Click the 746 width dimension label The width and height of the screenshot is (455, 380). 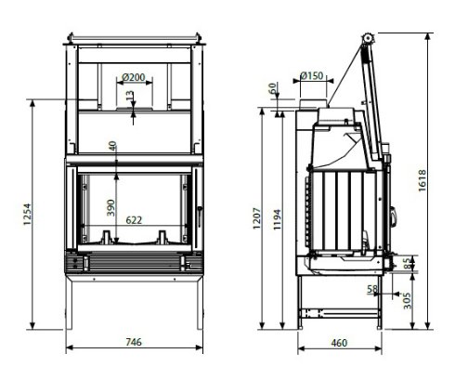coord(134,342)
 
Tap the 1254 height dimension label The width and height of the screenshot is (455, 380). coord(27,214)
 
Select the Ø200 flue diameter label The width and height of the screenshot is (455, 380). coord(134,77)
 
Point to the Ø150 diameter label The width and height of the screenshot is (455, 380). coord(312,75)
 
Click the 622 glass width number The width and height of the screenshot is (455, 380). coord(134,220)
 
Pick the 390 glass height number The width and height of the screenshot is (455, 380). coord(110,208)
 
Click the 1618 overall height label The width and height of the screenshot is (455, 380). coord(422,180)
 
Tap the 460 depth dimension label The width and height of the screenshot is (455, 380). coord(339,343)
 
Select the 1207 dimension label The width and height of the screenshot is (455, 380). coord(257,218)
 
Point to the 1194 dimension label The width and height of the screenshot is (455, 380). coord(277,219)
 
